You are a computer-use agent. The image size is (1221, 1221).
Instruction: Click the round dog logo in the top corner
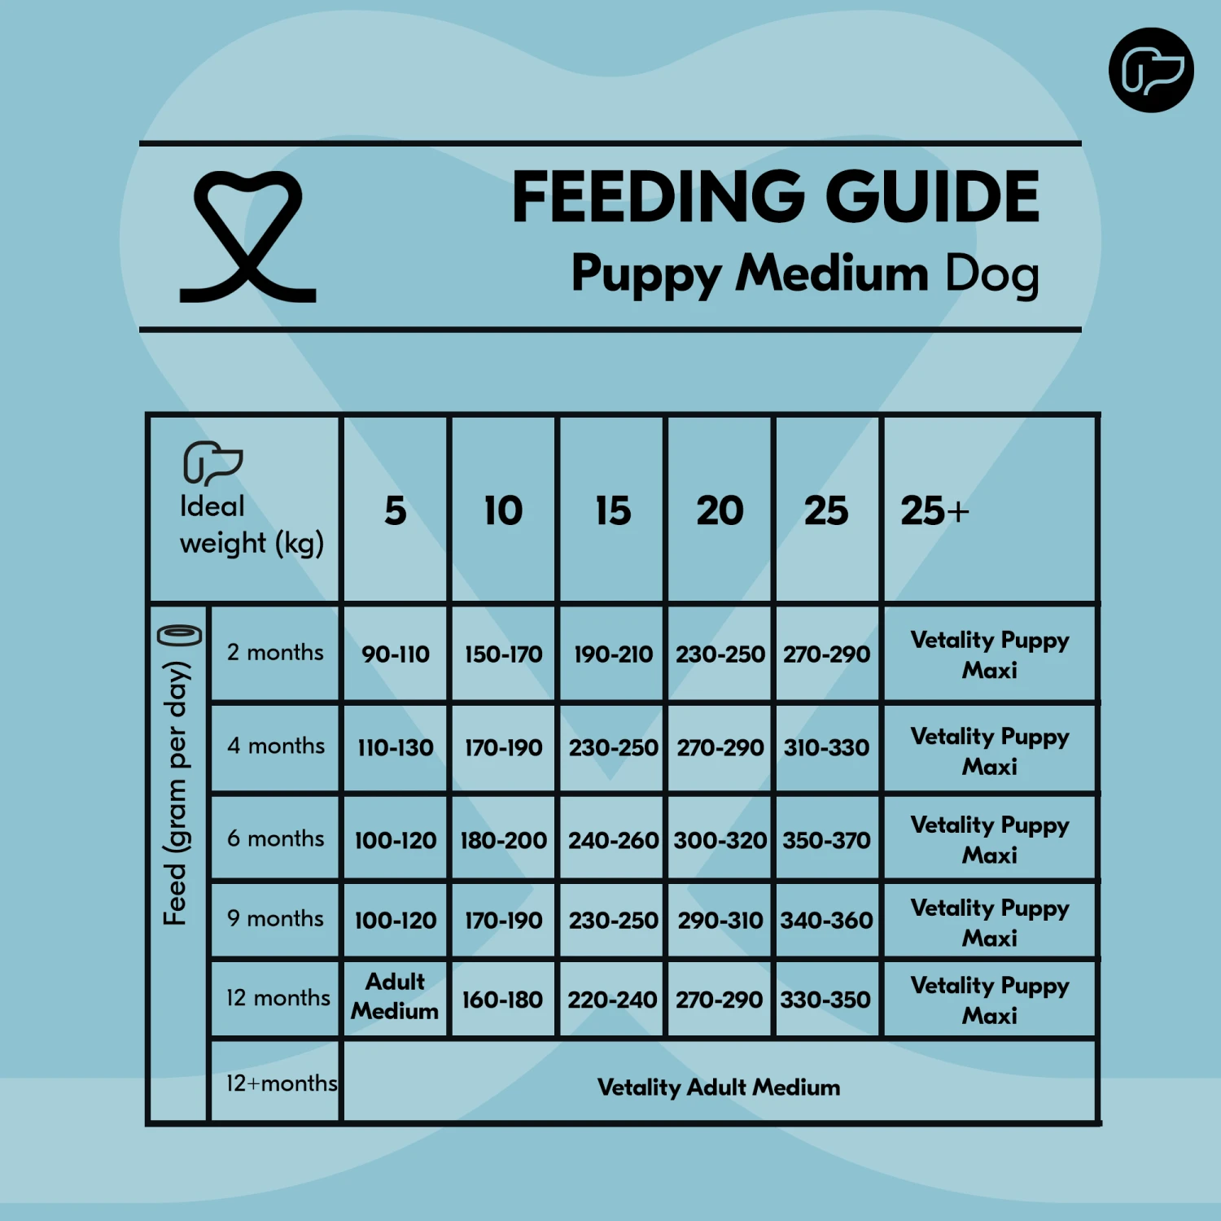click(1151, 70)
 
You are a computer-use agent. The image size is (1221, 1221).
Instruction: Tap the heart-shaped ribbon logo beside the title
click(247, 236)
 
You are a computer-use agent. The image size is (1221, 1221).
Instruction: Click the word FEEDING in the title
click(659, 197)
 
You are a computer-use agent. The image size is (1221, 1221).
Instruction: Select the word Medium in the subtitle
click(832, 273)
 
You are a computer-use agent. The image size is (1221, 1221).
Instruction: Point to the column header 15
click(612, 511)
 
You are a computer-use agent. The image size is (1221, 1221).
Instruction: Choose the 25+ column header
click(934, 511)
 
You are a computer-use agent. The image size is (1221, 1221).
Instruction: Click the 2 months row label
click(275, 653)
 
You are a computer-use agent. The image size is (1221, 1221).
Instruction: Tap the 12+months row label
click(282, 1083)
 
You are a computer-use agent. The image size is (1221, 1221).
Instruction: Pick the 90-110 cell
click(396, 654)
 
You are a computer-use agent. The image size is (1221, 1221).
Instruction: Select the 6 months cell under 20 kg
click(720, 840)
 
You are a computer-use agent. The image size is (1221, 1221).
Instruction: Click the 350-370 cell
click(827, 840)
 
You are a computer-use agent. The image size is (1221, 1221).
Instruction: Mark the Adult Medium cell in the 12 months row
click(396, 996)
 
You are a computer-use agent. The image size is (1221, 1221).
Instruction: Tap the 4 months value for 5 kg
click(396, 747)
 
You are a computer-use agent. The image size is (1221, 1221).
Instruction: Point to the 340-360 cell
click(827, 921)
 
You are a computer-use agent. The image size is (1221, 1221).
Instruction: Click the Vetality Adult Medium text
click(719, 1088)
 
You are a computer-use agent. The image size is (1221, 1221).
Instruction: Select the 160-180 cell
click(503, 1000)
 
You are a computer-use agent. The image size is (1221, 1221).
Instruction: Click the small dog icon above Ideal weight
click(212, 462)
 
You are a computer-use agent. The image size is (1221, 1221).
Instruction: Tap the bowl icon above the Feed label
click(180, 635)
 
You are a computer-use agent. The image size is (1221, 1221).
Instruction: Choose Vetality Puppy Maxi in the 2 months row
click(990, 654)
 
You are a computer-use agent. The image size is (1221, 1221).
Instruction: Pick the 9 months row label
click(275, 919)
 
